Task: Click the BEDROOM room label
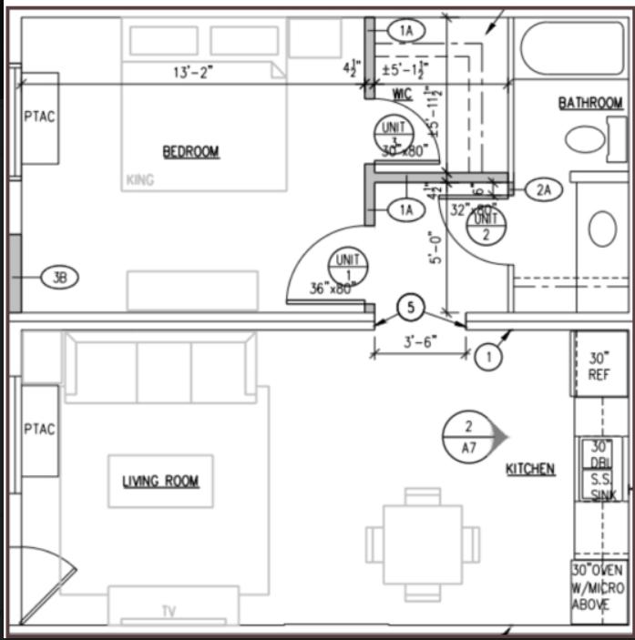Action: pyautogui.click(x=191, y=151)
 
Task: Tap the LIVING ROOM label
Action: pyautogui.click(x=160, y=481)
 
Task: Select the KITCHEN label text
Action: pyautogui.click(x=530, y=469)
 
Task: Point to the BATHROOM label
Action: pyautogui.click(x=590, y=104)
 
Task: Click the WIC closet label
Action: pyautogui.click(x=402, y=94)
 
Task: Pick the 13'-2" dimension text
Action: pyautogui.click(x=193, y=73)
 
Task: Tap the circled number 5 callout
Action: pyautogui.click(x=410, y=309)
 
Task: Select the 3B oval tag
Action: pyautogui.click(x=60, y=278)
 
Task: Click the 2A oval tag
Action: pyautogui.click(x=544, y=189)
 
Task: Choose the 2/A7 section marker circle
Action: pyautogui.click(x=468, y=438)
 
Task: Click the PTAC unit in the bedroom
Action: pyautogui.click(x=39, y=118)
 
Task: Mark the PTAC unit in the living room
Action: pyautogui.click(x=39, y=430)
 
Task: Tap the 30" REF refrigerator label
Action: pyautogui.click(x=599, y=366)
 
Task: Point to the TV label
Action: pyautogui.click(x=169, y=611)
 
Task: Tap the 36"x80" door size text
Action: pyautogui.click(x=332, y=289)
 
